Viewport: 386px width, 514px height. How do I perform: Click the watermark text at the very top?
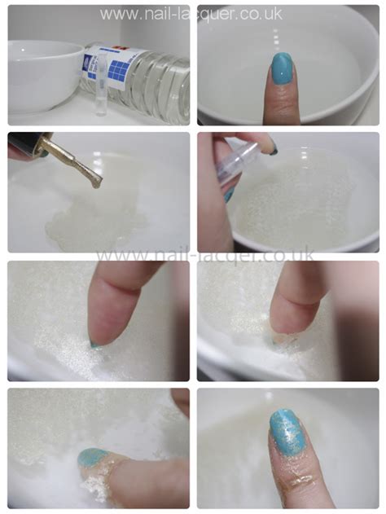click(x=192, y=14)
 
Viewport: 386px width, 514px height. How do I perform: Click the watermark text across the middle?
click(x=193, y=256)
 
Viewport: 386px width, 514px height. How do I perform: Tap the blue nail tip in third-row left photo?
click(x=95, y=344)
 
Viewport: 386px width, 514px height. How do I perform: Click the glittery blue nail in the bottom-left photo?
click(x=90, y=459)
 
